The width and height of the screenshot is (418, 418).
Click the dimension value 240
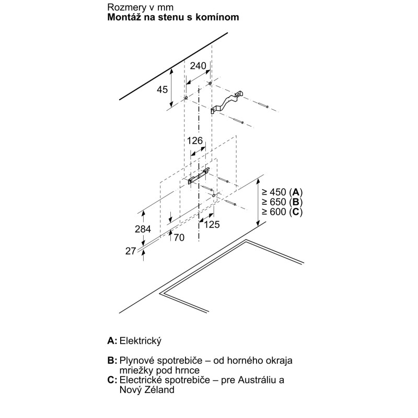coord(198,66)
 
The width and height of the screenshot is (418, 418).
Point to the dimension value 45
coord(162,89)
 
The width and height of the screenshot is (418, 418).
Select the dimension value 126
coord(194,141)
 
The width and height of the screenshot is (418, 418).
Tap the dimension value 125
coord(212,225)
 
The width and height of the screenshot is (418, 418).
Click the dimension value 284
coord(143,229)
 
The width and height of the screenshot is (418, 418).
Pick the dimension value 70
coord(179,238)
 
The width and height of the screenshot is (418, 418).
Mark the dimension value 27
coord(131,251)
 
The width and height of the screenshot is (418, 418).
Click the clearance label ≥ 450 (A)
coord(282,192)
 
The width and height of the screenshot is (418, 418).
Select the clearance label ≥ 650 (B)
coord(282,202)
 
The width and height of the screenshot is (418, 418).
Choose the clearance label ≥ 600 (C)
coord(282,212)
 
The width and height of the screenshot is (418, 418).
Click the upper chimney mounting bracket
coord(227,102)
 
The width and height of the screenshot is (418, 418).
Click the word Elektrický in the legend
coord(141,341)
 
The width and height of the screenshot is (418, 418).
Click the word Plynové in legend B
coord(137,361)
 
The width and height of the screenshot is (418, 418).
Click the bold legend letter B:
coord(112,361)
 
